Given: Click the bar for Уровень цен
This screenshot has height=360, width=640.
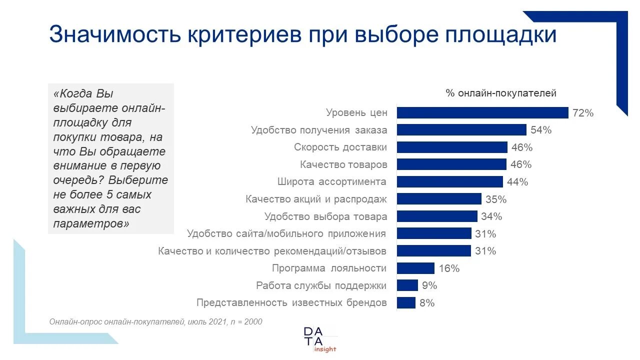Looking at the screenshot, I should click(x=482, y=113).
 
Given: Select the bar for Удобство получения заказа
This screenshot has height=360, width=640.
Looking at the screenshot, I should click(x=461, y=130).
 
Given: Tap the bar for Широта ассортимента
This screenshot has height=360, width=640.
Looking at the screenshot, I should click(x=450, y=181).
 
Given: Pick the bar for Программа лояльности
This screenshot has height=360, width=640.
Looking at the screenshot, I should click(x=415, y=268).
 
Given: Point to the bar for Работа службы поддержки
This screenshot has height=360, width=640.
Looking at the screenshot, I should click(x=407, y=285).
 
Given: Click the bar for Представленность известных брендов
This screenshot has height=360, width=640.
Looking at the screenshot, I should click(x=406, y=302).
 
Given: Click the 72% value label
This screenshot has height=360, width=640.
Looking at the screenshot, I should click(x=583, y=113).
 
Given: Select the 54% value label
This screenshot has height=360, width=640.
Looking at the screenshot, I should click(x=541, y=130).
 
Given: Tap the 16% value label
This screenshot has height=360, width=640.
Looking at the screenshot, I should click(x=448, y=268).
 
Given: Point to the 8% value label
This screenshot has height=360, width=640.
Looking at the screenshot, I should click(x=427, y=302).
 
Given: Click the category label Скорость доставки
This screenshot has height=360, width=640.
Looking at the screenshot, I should click(x=340, y=147).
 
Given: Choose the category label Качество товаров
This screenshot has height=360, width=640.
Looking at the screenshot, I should click(x=343, y=164).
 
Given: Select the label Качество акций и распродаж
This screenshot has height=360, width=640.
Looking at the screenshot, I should click(x=316, y=199).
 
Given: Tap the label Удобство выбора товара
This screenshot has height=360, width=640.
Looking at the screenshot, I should click(x=325, y=216).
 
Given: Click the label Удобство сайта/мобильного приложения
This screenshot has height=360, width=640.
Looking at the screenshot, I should click(x=286, y=233).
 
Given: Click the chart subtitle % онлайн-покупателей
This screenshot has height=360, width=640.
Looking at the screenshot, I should click(x=501, y=93).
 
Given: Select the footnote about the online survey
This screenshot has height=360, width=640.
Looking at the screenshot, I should click(x=155, y=322).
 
